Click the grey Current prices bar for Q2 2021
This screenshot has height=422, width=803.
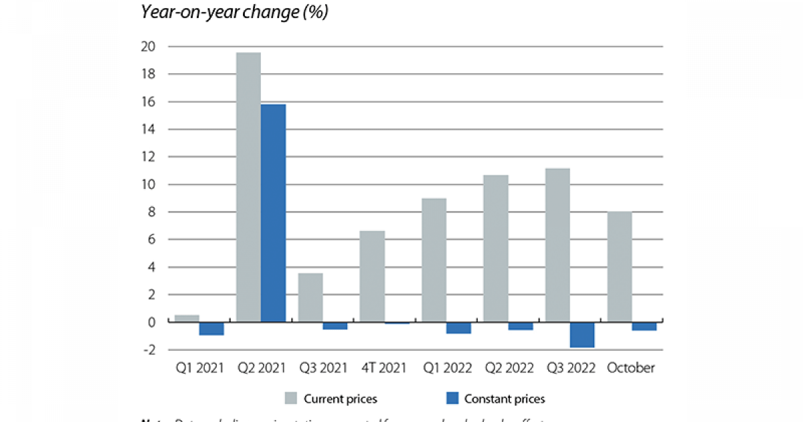248,188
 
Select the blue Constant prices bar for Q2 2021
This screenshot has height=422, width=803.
273,213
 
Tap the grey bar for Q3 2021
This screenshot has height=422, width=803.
310,297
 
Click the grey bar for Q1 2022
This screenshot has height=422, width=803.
434,260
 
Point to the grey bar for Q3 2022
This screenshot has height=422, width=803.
557,245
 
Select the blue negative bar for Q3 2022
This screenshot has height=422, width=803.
582,335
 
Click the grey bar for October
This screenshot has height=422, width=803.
619,267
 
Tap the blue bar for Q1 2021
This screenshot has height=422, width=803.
211,329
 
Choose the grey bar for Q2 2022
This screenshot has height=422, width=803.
496,249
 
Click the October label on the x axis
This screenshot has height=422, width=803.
631,368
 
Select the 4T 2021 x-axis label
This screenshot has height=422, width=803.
385,368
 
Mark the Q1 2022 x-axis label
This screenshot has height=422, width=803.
446,368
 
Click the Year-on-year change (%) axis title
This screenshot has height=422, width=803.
234,12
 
